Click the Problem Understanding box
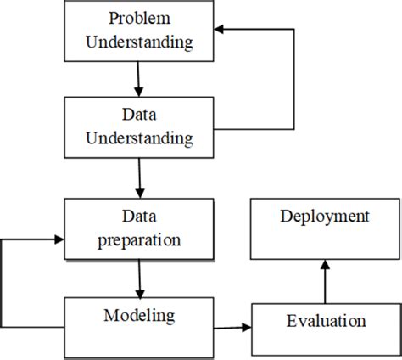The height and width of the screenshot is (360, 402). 138,31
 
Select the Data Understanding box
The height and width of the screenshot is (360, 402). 138,125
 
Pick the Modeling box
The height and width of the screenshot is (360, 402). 138,327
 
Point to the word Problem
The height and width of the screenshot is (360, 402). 139,19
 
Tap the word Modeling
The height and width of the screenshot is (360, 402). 139,316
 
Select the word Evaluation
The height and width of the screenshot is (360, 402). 325,322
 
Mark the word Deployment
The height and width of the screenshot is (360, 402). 325,217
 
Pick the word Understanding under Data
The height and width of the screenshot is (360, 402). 139,136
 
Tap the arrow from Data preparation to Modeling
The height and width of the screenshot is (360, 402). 137,279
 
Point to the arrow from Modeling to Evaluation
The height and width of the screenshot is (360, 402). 232,328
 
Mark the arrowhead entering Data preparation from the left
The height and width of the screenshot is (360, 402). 58,240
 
